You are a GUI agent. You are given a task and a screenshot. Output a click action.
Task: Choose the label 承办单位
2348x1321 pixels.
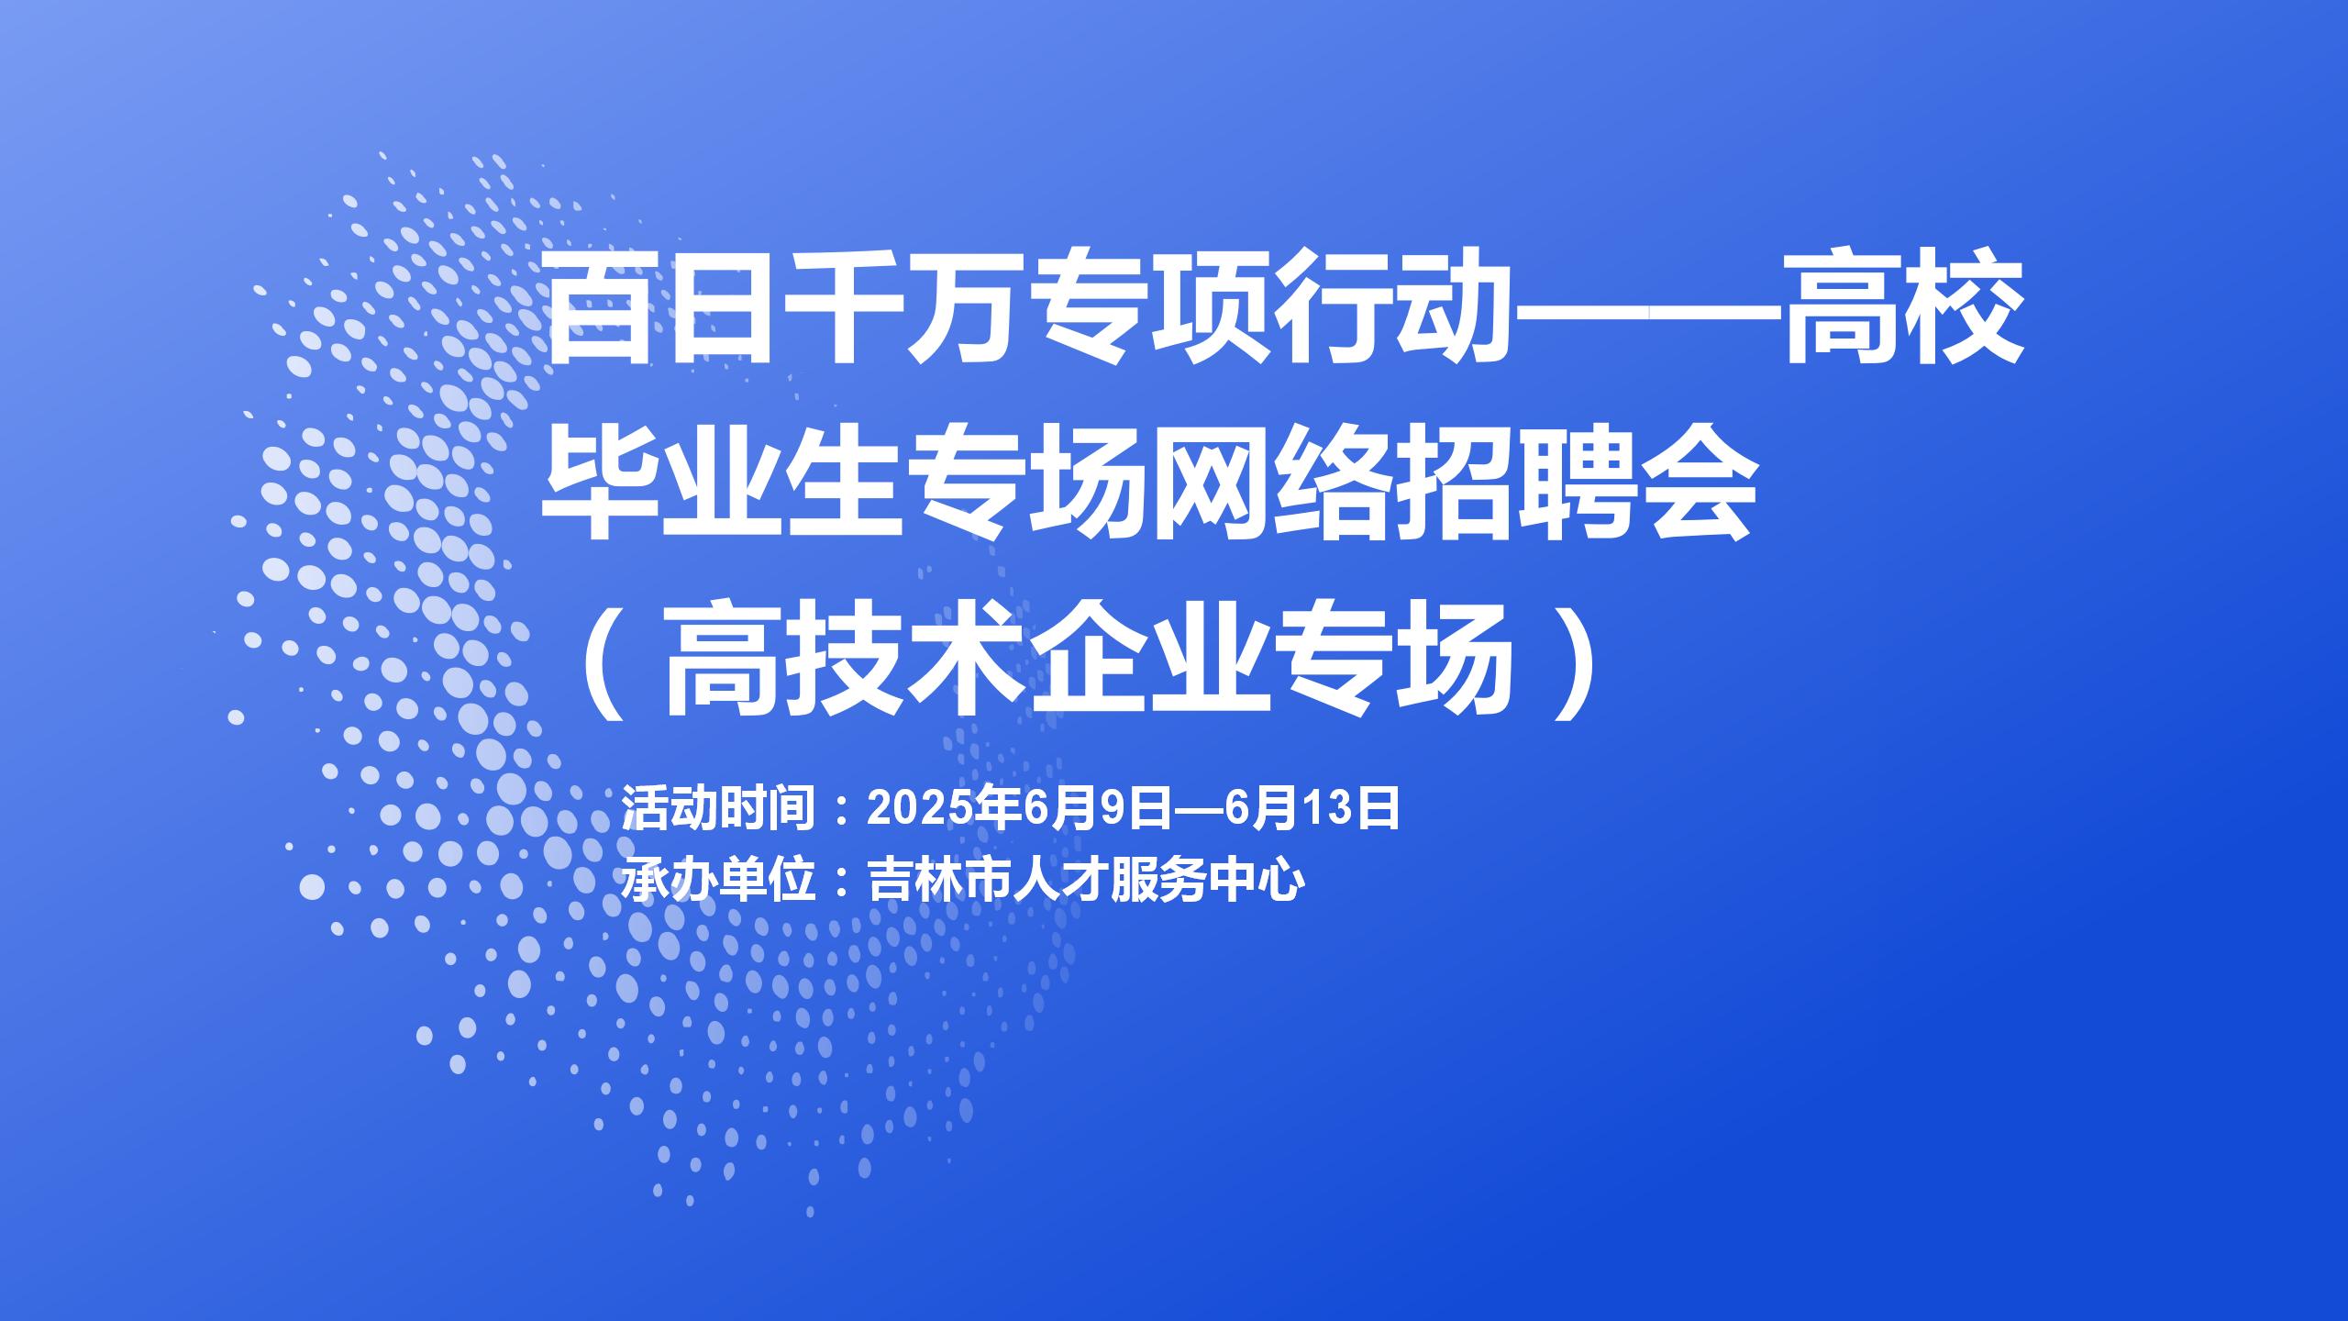click(720, 881)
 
